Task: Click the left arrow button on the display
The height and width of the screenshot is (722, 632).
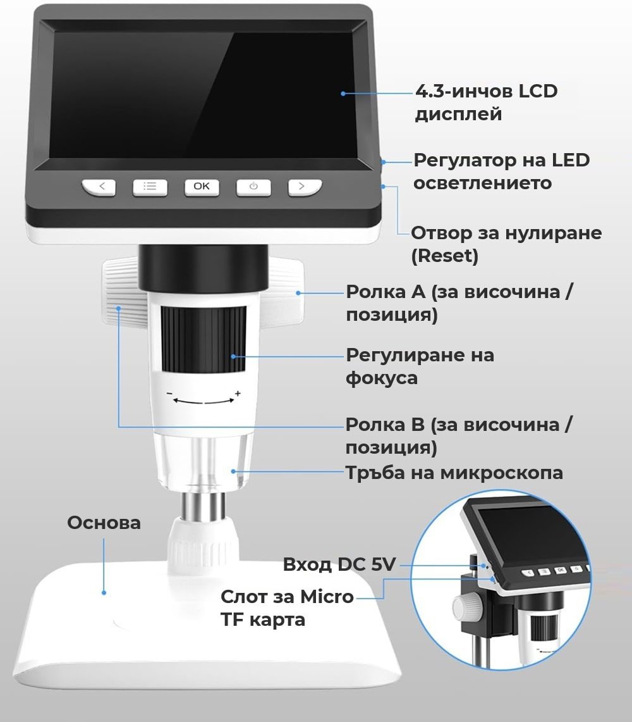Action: (x=99, y=187)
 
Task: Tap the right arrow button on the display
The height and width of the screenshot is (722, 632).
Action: (x=305, y=187)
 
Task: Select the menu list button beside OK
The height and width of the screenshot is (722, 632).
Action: (x=150, y=187)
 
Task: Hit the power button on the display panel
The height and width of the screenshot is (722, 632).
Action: (x=253, y=187)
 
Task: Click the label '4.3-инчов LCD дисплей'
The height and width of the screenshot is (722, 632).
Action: (x=486, y=103)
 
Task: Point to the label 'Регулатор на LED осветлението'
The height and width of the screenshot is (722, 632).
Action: (x=501, y=171)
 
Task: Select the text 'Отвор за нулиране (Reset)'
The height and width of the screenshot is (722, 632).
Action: (x=506, y=244)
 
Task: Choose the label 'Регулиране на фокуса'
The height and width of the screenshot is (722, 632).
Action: (x=420, y=366)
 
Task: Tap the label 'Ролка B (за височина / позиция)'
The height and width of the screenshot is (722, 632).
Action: (x=459, y=435)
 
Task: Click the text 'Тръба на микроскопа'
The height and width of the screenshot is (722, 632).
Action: (x=454, y=473)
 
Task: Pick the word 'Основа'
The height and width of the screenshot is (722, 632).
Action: (x=104, y=523)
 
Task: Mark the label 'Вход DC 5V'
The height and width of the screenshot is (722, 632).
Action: (x=339, y=564)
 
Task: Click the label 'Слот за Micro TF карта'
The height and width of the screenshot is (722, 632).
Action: (x=287, y=608)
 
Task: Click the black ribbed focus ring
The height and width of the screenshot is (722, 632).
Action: (x=204, y=339)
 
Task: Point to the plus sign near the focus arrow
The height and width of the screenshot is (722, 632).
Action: (x=238, y=393)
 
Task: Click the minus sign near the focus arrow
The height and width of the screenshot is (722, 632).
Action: (x=170, y=394)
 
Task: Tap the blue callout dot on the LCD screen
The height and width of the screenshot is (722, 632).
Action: (x=343, y=94)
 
